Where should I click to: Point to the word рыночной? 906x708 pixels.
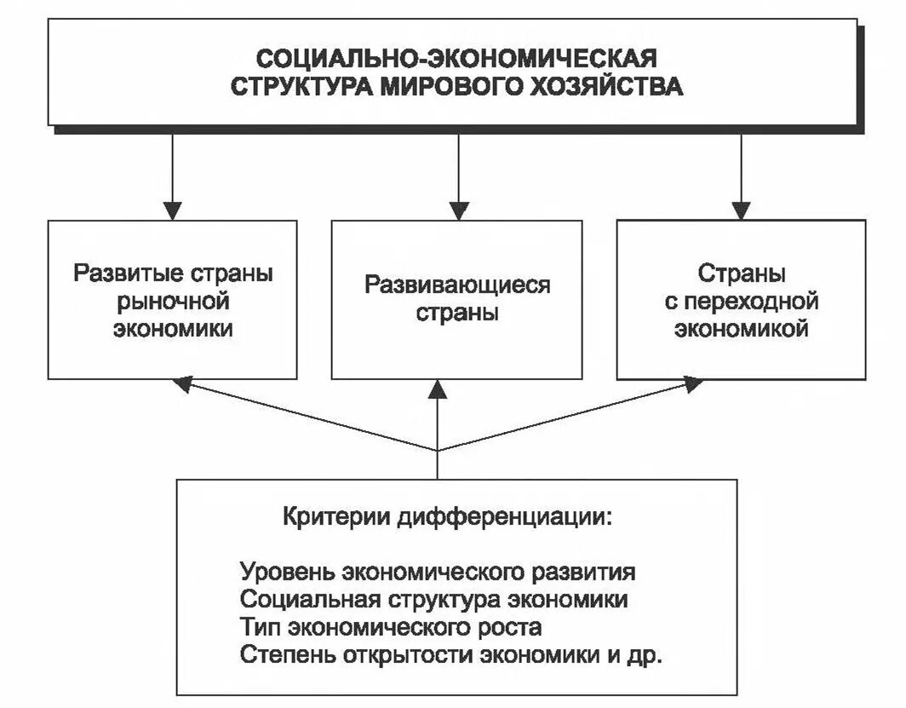(174, 302)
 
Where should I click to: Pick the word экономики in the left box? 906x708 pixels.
(174, 329)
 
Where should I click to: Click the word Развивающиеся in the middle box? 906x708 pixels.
(457, 284)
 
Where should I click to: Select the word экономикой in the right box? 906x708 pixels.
(742, 329)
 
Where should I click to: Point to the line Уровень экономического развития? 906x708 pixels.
(438, 570)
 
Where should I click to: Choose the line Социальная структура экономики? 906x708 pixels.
(434, 599)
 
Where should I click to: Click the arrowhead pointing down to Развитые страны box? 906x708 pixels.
(173, 210)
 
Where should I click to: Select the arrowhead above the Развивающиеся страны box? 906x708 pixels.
(459, 210)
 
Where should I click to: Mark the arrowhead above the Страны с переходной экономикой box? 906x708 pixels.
(742, 210)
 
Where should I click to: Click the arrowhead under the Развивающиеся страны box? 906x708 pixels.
(438, 389)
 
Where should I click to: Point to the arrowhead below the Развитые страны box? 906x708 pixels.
(181, 385)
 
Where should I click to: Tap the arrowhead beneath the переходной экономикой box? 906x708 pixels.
(693, 385)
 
